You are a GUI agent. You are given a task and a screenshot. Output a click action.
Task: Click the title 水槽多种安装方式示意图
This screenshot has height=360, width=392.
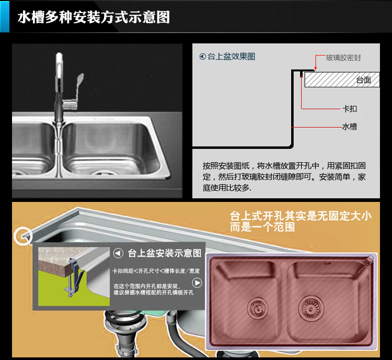pos(94,17)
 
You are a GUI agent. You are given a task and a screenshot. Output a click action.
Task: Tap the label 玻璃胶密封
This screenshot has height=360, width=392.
pos(343,58)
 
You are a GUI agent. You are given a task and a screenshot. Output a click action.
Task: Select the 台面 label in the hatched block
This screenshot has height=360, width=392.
pos(363,80)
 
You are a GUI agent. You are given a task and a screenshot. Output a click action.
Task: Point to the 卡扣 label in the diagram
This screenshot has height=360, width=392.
pos(350,109)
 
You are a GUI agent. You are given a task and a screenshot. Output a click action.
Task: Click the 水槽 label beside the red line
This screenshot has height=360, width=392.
pos(350,127)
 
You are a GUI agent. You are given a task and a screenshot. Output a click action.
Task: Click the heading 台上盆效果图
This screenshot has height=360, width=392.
pos(231,57)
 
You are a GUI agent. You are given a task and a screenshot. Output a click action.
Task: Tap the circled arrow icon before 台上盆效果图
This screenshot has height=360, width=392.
pos(202,57)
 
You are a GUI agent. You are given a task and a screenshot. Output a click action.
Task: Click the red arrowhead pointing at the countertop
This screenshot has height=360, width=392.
pos(316,69)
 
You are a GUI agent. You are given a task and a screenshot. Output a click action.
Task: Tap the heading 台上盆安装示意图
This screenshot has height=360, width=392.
pos(165,253)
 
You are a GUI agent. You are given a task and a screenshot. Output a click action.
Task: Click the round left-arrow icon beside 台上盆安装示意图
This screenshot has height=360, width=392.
pos(118,253)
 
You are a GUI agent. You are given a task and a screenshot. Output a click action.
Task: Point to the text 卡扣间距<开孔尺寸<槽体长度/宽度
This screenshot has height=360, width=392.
pos(156,271)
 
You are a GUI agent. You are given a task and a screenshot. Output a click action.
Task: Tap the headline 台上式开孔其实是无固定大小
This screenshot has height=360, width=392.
pos(301,216)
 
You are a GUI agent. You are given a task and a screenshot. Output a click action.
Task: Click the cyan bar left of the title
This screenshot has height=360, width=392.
pos(5,17)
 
